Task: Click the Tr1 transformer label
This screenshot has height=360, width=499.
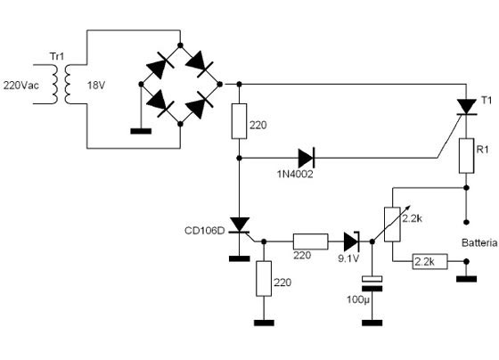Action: click(57, 56)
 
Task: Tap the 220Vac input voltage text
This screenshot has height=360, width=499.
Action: click(21, 86)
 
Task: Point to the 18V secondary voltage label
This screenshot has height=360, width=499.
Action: click(96, 86)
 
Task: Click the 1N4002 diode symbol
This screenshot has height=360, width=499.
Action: click(307, 158)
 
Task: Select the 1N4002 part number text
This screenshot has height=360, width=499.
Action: click(295, 174)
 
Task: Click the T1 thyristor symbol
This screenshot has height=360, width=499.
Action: click(466, 107)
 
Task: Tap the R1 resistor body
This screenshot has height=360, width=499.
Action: click(466, 156)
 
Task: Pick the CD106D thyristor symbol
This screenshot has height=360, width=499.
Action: click(240, 225)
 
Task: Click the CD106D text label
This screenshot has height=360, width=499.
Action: click(205, 231)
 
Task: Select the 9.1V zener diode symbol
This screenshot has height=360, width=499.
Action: click(352, 241)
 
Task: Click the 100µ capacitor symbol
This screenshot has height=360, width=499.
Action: click(372, 284)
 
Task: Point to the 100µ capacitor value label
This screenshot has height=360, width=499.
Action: click(358, 299)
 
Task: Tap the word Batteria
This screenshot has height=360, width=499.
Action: click(479, 243)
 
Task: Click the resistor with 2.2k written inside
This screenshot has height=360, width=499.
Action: click(430, 261)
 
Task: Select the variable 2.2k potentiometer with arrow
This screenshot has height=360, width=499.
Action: click(392, 224)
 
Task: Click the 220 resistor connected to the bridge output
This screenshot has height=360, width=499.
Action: click(239, 121)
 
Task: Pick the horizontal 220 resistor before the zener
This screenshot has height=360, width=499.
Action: click(310, 241)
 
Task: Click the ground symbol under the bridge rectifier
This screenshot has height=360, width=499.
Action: click(141, 131)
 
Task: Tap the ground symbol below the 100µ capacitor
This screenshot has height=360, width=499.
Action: click(372, 323)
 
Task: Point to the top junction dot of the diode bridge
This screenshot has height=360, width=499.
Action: click(180, 45)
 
